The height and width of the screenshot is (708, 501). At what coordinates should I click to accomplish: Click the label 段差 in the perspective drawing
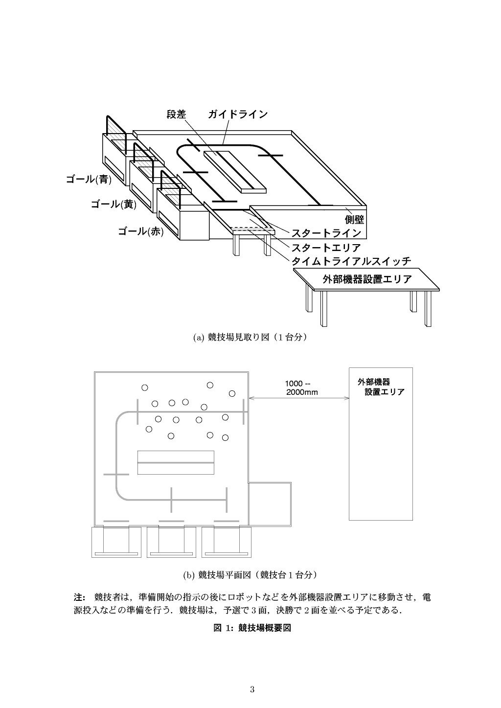(x=176, y=114)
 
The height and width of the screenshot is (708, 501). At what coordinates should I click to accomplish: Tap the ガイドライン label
(x=238, y=114)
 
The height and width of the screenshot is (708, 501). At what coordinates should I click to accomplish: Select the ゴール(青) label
(x=89, y=180)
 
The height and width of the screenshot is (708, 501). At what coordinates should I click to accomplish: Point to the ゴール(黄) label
(x=113, y=205)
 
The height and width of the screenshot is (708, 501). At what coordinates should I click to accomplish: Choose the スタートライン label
(x=326, y=233)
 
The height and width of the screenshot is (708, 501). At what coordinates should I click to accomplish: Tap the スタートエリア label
(x=326, y=247)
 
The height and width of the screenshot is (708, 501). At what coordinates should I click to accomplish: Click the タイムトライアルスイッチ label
(x=351, y=261)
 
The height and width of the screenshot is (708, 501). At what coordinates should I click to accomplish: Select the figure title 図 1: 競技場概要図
(x=252, y=628)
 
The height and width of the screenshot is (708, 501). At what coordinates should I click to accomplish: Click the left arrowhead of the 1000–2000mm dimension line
(x=250, y=398)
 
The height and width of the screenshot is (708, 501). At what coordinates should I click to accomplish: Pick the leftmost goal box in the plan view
(x=116, y=542)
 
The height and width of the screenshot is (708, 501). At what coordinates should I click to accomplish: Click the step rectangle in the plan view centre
(x=176, y=462)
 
